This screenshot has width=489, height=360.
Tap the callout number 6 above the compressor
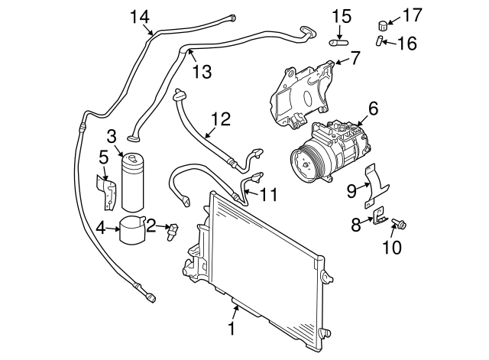point(372,109)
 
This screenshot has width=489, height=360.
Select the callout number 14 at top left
point(140,16)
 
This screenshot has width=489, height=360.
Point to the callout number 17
point(412,14)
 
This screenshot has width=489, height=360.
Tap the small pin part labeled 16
point(380,41)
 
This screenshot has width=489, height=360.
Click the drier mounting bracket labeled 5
point(107,192)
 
